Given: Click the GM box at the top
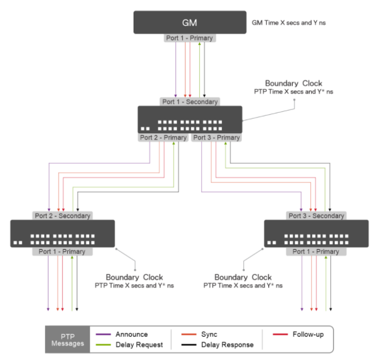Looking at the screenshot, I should (190, 23).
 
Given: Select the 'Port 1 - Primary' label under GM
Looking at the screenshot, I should (190, 38).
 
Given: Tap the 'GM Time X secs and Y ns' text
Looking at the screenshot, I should (288, 23).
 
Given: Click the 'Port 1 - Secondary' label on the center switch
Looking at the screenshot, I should (190, 101).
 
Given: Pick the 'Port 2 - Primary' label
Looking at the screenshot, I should (163, 138).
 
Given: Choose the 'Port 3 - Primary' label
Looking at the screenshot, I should (216, 138).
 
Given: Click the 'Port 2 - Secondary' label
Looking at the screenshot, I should (62, 216).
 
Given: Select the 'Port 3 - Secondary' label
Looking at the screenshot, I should (316, 216).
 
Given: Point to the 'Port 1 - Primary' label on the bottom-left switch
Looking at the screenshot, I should (62, 251).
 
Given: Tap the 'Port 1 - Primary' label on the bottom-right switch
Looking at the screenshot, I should (316, 251).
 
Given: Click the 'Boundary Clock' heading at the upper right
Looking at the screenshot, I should (293, 83).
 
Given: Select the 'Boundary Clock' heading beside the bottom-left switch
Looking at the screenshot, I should (134, 277).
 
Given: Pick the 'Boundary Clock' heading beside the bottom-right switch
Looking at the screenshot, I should (243, 277).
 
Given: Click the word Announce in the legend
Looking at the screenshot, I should (132, 335).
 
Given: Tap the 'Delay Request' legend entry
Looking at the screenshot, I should (139, 345).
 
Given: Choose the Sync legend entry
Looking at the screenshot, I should (209, 335).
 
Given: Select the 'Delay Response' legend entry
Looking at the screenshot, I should (227, 345).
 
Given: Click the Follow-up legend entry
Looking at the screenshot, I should (308, 335).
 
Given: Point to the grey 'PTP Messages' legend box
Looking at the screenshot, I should (67, 340).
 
